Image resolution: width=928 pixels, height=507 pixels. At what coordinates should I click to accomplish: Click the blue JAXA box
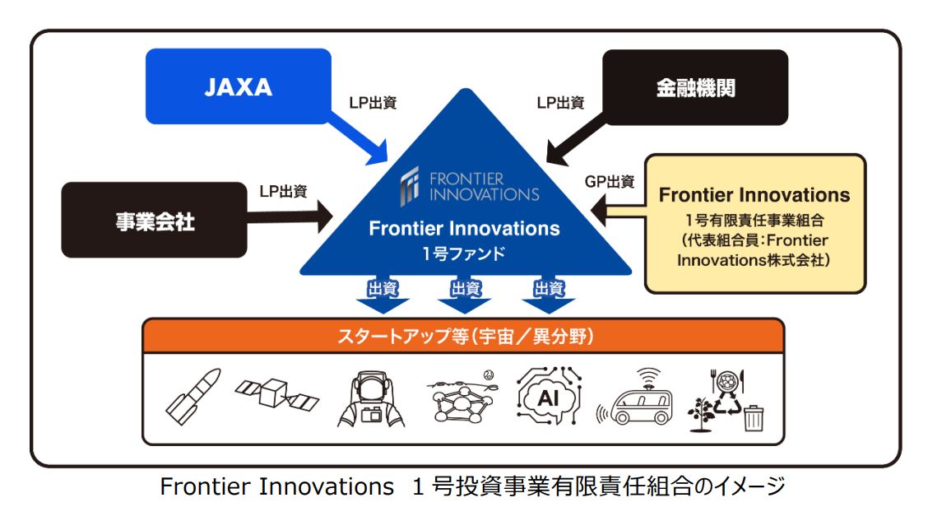[x=238, y=88]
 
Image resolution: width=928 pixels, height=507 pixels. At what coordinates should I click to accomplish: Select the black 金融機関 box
[x=695, y=88]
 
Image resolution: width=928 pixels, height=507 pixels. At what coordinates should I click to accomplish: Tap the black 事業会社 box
[x=154, y=221]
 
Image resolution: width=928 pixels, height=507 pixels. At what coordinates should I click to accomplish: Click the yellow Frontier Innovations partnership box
[x=754, y=223]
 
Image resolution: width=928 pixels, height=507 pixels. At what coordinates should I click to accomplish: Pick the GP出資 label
[x=609, y=181]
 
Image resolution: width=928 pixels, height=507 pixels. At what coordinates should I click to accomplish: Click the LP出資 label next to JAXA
[x=373, y=103]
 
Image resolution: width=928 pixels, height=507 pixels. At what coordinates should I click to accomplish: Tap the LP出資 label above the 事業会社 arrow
[x=282, y=191]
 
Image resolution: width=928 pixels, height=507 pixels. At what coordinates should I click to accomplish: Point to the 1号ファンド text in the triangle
[x=464, y=253]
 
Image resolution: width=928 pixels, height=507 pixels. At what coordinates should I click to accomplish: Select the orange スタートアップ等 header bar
[x=463, y=337]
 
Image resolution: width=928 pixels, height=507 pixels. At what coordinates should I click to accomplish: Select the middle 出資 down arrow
[x=464, y=297]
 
